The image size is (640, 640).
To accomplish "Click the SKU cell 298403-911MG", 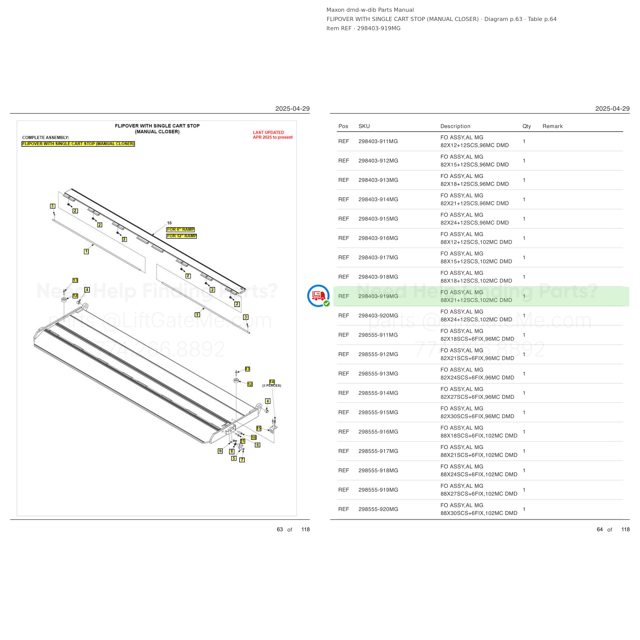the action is click(378, 142).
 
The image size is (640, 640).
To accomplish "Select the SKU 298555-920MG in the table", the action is click(378, 509).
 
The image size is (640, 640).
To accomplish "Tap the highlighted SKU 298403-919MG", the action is click(378, 296).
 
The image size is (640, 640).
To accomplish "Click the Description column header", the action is click(455, 126).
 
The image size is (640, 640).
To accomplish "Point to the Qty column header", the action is click(527, 126).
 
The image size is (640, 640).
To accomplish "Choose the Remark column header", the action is click(552, 126).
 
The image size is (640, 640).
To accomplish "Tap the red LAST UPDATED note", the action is click(273, 135).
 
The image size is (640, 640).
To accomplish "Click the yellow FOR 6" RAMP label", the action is click(180, 230).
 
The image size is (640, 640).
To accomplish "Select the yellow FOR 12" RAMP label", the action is click(182, 236).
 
